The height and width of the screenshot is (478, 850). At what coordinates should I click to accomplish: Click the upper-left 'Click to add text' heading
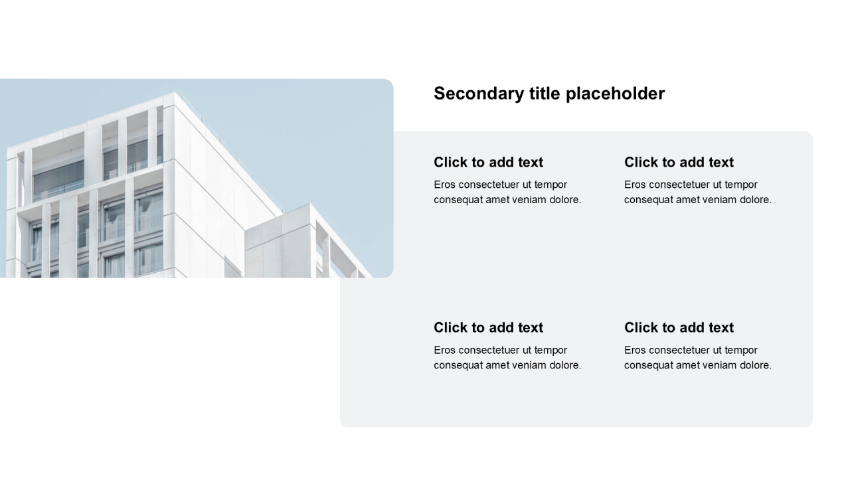tap(488, 163)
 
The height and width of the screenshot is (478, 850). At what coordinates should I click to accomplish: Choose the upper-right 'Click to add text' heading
tap(679, 163)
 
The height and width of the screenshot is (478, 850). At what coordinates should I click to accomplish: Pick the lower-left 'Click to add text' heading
tap(488, 328)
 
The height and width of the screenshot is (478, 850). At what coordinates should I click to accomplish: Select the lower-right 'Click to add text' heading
tap(679, 328)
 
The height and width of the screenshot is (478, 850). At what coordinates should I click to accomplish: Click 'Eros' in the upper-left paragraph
tap(445, 185)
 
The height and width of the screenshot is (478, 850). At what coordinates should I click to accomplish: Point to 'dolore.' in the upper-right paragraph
tap(754, 200)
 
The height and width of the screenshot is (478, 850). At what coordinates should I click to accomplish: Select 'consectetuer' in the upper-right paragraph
tap(679, 185)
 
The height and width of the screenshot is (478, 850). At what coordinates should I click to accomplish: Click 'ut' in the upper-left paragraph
tap(529, 185)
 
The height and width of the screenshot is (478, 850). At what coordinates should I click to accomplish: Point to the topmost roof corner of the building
tap(174, 92)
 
